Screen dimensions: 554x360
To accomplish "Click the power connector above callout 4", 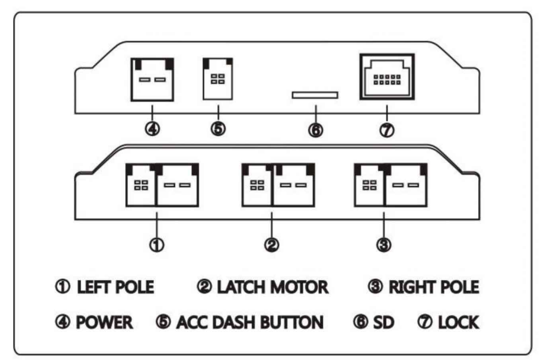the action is point(152,80).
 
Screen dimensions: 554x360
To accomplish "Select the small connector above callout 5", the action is point(218,79).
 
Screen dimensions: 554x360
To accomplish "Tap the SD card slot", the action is point(315,95).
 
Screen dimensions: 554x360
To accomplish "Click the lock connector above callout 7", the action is point(387,77).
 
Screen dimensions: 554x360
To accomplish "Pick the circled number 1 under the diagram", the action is point(157,245).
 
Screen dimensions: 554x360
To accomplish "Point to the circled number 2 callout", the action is point(272,245).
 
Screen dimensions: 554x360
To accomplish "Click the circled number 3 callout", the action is point(384,245).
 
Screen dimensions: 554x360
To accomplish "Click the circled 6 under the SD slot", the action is point(316,130).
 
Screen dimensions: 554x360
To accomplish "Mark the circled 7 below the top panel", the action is point(387,130).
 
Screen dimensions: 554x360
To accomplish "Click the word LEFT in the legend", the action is point(93,287).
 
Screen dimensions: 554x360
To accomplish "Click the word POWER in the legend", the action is point(105,322).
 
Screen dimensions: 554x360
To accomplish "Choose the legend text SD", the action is point(384,322).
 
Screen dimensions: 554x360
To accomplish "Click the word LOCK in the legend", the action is point(459,322).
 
